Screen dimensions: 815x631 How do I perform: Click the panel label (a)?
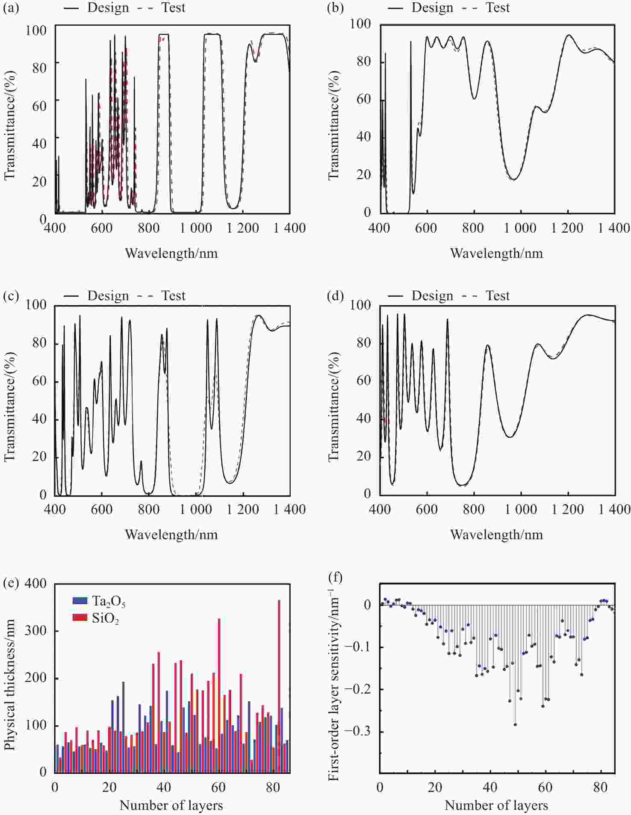pos(11,8)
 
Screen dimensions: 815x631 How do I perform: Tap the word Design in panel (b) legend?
pos(432,8)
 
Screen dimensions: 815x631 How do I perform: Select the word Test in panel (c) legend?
pos(173,296)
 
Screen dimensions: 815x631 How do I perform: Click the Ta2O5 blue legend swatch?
pos(80,601)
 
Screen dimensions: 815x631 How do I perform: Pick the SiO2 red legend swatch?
pos(80,617)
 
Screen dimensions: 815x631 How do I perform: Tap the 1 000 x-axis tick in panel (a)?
pos(195,228)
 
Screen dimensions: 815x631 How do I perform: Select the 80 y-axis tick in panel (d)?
pos(364,343)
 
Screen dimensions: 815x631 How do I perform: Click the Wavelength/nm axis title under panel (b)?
pos(496,254)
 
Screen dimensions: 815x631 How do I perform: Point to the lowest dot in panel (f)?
pos(515,724)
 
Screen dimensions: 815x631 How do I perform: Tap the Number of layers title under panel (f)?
pos(496,806)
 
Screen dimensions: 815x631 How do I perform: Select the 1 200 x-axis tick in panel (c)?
pos(243,509)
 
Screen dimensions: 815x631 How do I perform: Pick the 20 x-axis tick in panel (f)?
pos(435,787)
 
